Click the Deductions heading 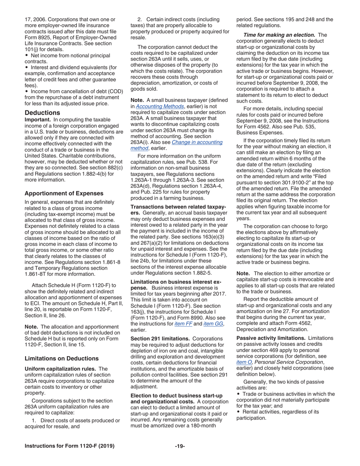tap(42, 113)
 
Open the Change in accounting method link tap(197, 142)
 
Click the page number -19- tap(180, 446)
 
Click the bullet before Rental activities tap(238, 412)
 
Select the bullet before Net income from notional tap(27, 55)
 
